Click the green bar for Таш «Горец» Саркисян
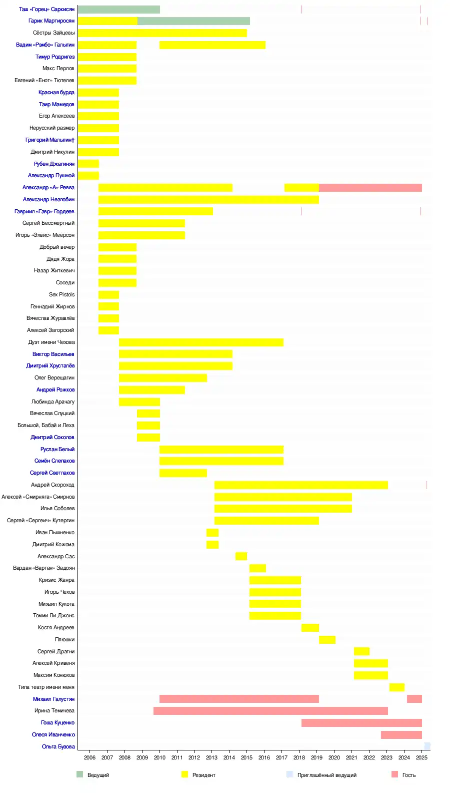coord(119,10)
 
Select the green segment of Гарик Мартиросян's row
coord(193,21)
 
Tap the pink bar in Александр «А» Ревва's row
coord(370,188)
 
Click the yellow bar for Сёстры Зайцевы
coord(162,33)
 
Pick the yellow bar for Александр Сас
coord(241,556)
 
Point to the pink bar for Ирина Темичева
coord(270,711)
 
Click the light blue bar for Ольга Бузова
coord(427,746)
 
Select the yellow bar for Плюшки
coord(327,640)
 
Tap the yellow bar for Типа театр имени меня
coord(397,687)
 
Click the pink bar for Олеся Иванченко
coord(401,735)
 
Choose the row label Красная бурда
coord(56,93)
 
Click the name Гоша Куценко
coord(57,723)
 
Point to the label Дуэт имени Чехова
coord(51,342)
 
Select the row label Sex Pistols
coord(61,295)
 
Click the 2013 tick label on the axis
coord(211,757)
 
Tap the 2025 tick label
coord(421,757)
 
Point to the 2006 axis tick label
coord(89,757)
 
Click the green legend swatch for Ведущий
coord(79,774)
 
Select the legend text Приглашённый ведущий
coord(326,775)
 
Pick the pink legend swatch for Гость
coord(394,774)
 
